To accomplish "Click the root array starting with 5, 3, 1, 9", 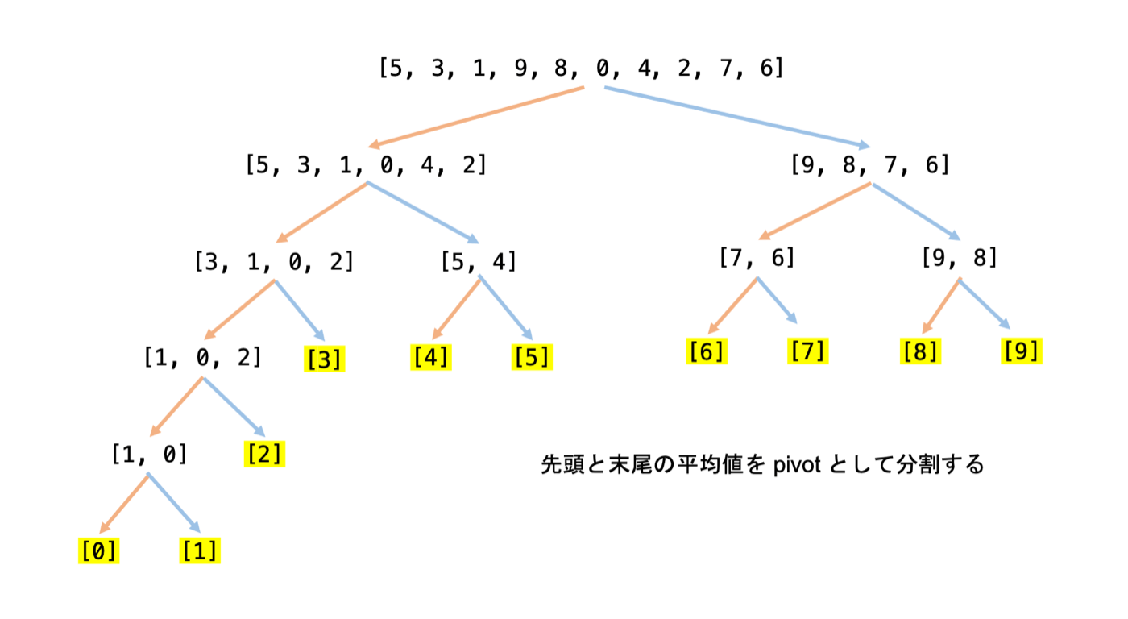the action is click(581, 68).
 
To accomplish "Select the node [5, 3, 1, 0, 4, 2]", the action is click(366, 165).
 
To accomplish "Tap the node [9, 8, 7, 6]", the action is click(870, 165).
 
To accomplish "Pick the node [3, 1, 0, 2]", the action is click(274, 262).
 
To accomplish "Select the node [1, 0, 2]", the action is click(203, 357).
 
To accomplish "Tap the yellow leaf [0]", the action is click(98, 551).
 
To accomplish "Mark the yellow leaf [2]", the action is click(264, 455).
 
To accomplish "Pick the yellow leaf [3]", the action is click(325, 359).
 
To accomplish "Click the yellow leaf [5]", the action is click(532, 356).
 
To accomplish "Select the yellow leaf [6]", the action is click(707, 351).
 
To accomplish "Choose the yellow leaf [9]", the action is click(1021, 351).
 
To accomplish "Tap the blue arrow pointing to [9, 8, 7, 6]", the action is click(737, 116).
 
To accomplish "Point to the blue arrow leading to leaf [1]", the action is click(173, 503).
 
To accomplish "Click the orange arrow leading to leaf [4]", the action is click(456, 309).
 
